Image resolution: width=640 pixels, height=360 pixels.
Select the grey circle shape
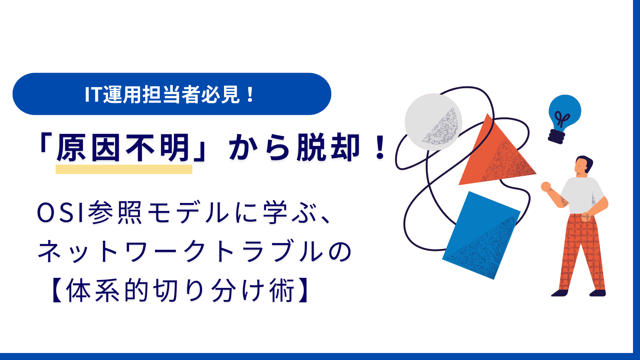pos(433,122)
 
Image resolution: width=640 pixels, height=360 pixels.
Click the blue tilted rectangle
pos(481,235)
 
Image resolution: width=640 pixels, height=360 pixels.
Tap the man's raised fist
pos(546,187)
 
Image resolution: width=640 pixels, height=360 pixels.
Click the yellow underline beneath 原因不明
pos(124,169)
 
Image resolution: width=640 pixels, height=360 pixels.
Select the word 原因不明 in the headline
pos(123,148)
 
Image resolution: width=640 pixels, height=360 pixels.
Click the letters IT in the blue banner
pos(93,94)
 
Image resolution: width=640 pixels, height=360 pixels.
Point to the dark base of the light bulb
pos(557,136)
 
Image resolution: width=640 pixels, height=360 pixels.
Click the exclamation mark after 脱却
pos(380,148)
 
